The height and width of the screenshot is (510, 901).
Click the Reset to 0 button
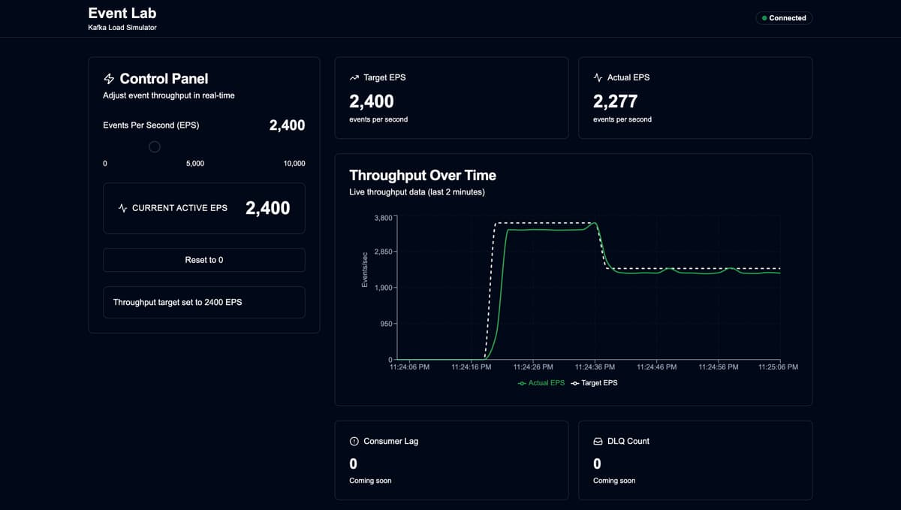click(203, 260)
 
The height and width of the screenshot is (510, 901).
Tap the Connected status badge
click(783, 18)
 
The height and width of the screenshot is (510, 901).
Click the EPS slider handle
click(154, 146)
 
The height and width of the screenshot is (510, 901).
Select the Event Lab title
click(122, 13)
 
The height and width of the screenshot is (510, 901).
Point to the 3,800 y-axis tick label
click(382, 218)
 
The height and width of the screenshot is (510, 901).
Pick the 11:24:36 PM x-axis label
click(595, 367)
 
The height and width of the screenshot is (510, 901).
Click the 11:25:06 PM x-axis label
click(778, 367)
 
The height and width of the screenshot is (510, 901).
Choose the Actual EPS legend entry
click(541, 383)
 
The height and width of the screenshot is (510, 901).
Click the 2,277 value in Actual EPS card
click(615, 101)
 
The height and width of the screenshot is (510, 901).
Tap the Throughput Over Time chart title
click(423, 175)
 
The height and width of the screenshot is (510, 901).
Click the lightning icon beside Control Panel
click(109, 79)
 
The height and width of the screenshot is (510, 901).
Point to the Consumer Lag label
click(390, 441)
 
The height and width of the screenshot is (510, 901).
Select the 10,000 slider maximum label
click(294, 163)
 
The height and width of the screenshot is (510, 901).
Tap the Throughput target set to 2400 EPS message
click(177, 302)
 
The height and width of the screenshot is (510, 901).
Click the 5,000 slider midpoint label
click(194, 163)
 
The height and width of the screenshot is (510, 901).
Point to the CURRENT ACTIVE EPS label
click(179, 208)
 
